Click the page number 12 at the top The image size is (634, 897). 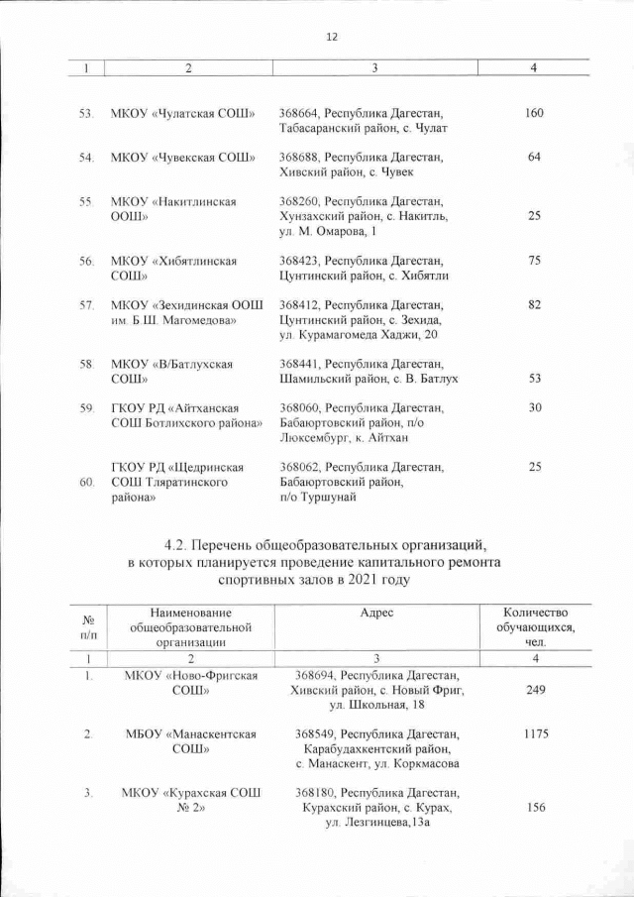point(331,37)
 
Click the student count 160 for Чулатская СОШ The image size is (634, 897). point(534,114)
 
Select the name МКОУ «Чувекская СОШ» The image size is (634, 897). point(183,158)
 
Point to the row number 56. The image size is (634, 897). point(87,261)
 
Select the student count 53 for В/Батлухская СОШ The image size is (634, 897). point(534,379)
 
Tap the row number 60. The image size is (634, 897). point(87,482)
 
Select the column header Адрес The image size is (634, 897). point(376,614)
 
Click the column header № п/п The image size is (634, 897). point(88,626)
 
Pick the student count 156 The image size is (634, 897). point(534,809)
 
